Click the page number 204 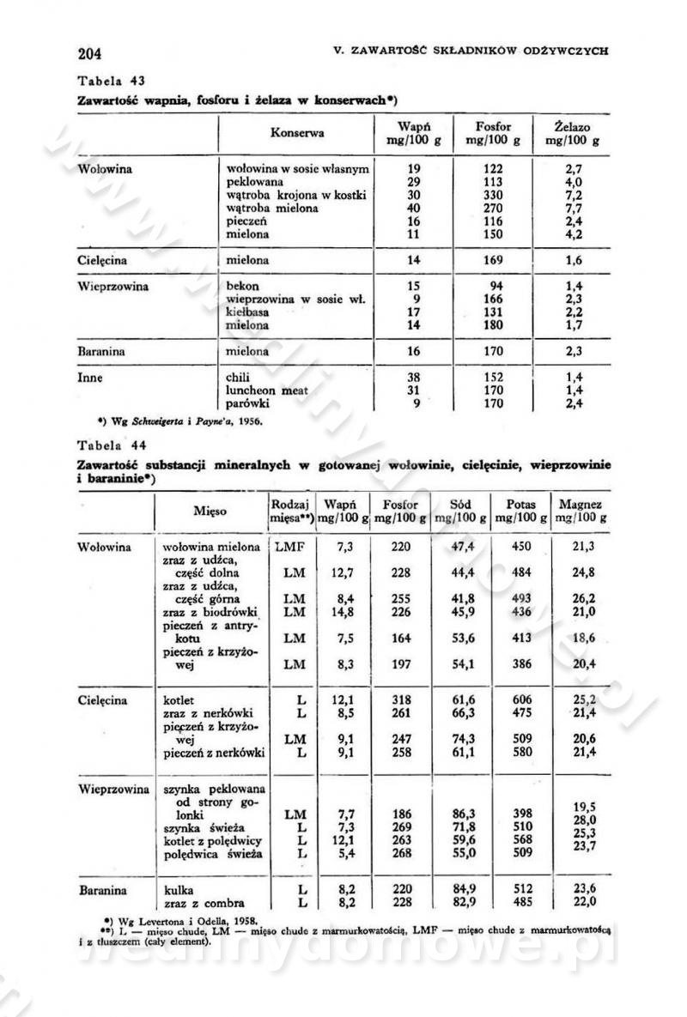89,54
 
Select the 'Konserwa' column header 296,133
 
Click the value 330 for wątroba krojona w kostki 494,195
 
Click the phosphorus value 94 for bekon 495,286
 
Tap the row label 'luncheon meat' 265,390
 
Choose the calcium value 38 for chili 414,377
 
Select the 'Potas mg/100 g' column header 521,512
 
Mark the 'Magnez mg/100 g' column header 581,512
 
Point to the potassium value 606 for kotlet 520,700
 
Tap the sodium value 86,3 464,814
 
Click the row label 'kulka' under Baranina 179,889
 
